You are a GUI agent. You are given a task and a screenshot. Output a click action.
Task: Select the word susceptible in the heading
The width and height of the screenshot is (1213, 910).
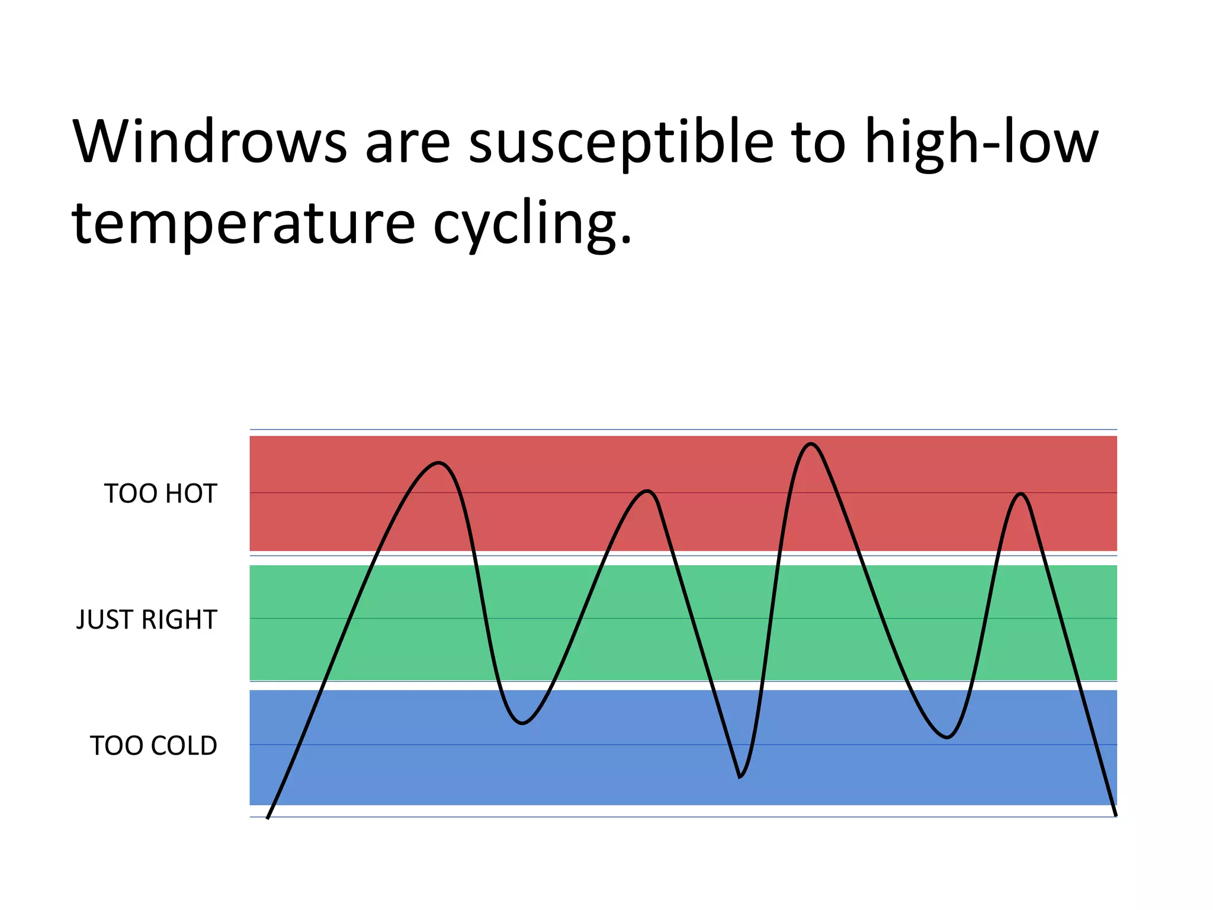point(621,142)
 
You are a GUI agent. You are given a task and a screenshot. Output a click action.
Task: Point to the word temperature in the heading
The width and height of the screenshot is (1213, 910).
point(243,223)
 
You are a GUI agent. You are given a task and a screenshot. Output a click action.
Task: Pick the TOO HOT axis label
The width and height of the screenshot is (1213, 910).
point(161,494)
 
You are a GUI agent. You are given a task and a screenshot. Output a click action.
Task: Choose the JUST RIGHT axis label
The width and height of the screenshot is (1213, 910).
point(147,620)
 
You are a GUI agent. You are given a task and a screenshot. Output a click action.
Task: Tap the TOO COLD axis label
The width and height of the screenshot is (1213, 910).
point(153,746)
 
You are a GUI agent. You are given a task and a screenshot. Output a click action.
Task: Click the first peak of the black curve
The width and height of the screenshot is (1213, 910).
point(438,463)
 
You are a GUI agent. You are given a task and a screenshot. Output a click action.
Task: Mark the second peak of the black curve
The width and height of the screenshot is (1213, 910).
point(648,491)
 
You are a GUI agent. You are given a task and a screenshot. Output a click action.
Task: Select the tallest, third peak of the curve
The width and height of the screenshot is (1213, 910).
point(811,444)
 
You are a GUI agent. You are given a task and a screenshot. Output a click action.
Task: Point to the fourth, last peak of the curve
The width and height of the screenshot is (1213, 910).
point(1021,494)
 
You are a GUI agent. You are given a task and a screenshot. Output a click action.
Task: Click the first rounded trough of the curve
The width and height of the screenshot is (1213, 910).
point(522,723)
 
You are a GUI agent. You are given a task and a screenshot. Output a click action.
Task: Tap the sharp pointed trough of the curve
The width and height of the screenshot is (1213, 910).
point(740,776)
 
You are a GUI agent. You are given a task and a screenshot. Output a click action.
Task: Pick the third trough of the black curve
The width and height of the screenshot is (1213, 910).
point(948,737)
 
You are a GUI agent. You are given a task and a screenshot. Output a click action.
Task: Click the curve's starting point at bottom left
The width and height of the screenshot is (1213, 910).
point(268,818)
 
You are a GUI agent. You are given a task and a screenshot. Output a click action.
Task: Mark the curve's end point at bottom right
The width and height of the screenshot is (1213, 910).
point(1116,815)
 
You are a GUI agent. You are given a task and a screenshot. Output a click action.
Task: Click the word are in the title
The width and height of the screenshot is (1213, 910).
point(407,142)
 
